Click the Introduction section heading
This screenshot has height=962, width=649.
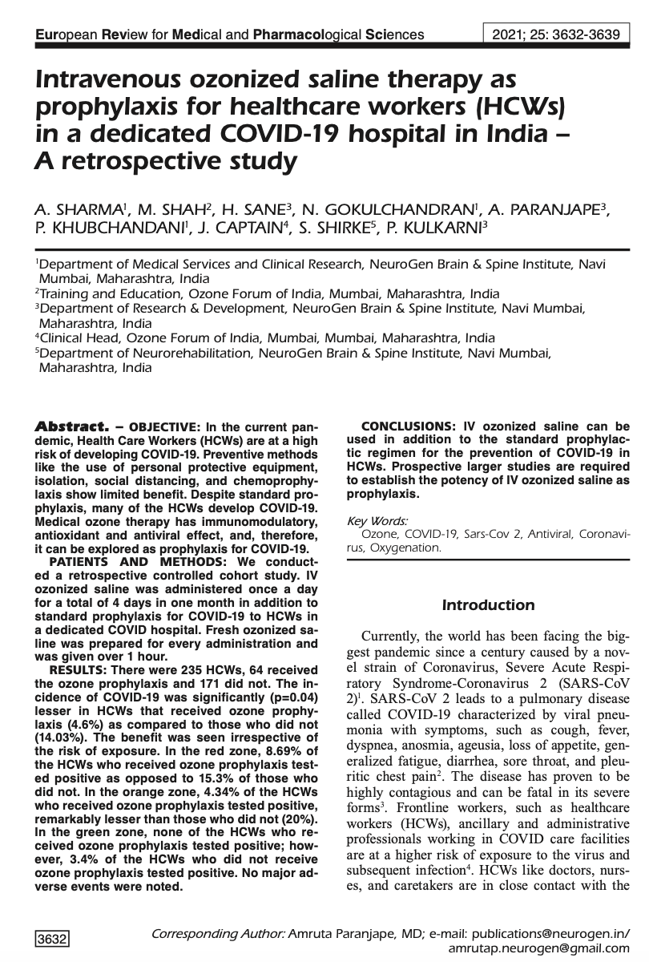click(x=488, y=605)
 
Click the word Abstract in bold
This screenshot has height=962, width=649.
click(x=67, y=425)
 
